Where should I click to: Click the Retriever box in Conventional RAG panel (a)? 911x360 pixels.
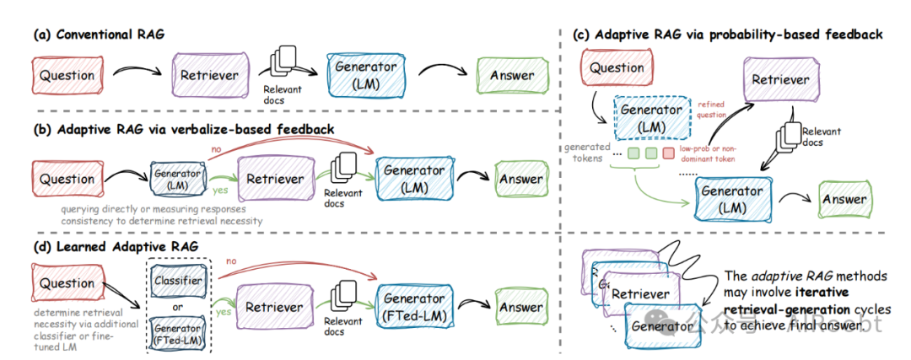point(208,75)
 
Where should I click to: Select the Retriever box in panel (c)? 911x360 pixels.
point(780,79)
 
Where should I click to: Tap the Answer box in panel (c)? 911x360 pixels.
point(844,200)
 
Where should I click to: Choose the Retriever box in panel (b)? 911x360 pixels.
point(273,180)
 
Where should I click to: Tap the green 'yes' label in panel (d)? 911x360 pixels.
point(224,311)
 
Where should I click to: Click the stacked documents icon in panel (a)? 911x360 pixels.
point(283,63)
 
